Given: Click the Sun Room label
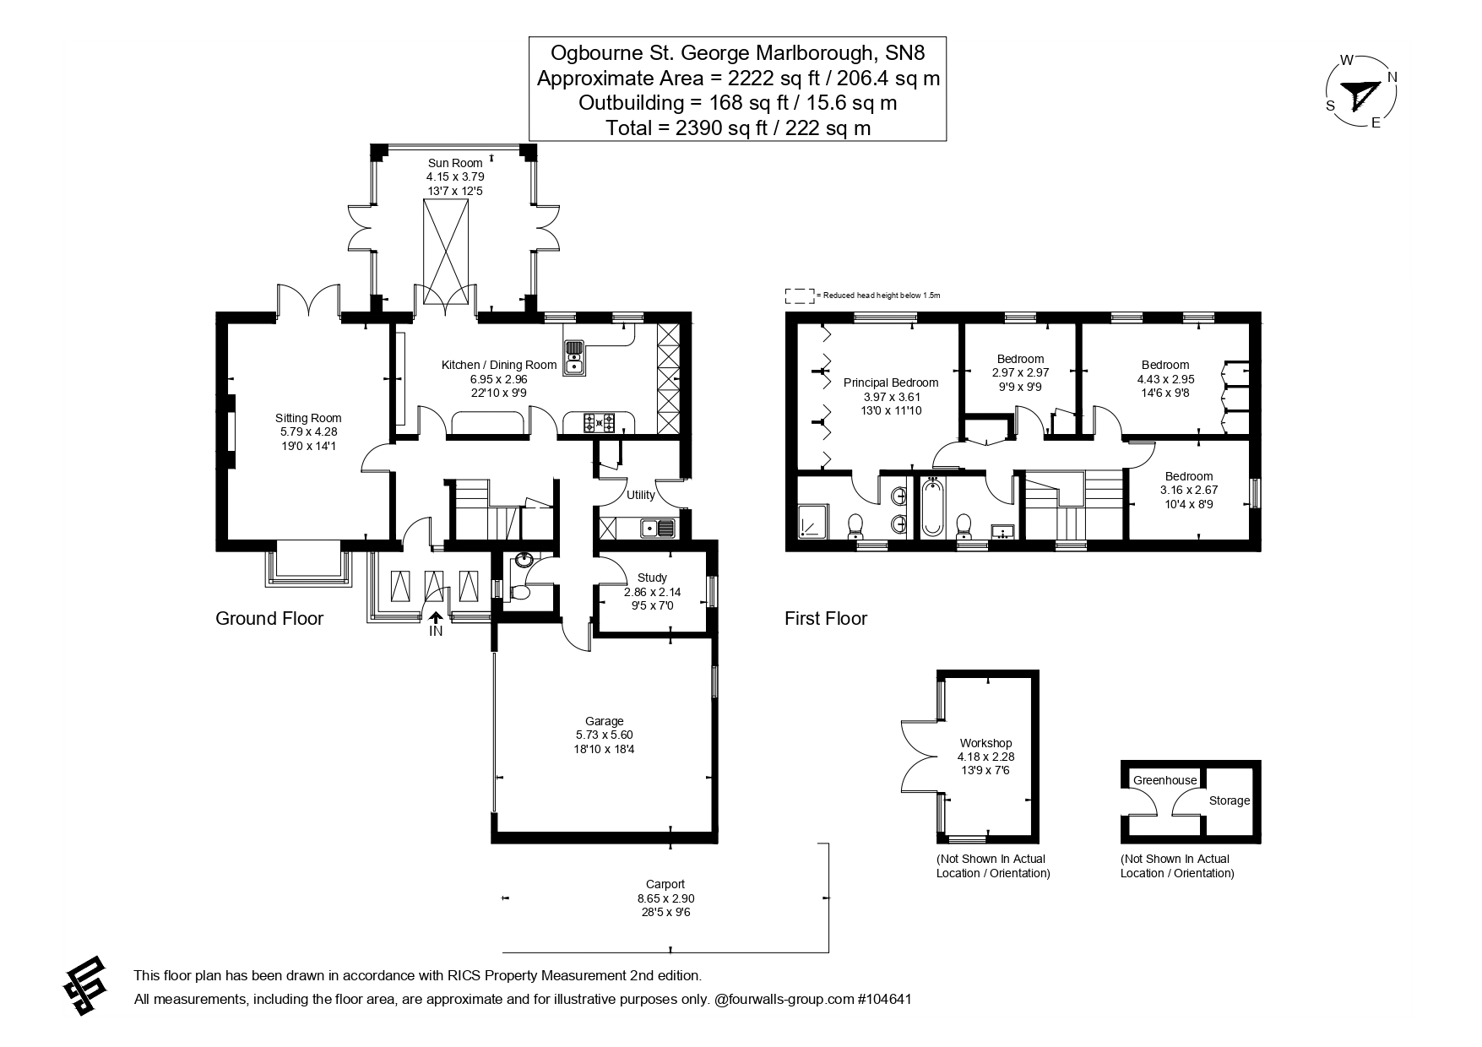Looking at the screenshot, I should [455, 163].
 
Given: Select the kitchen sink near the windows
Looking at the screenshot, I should [574, 357].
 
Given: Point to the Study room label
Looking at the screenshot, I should [652, 578].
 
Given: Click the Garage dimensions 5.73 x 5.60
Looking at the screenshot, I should [604, 735].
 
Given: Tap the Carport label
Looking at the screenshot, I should [666, 884].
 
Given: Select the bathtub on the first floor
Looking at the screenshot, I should [932, 507].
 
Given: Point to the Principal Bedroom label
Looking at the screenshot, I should [891, 382].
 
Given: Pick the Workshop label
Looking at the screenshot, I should [985, 743].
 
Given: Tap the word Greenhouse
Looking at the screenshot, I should [1164, 780].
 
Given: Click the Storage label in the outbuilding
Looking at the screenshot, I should [1229, 800].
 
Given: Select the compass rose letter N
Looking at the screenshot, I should [1392, 78].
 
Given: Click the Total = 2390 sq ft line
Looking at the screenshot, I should [737, 127].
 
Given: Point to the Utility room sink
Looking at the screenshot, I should [657, 529].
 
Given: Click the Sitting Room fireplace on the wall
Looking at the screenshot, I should [229, 431].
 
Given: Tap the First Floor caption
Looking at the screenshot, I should [825, 618].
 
